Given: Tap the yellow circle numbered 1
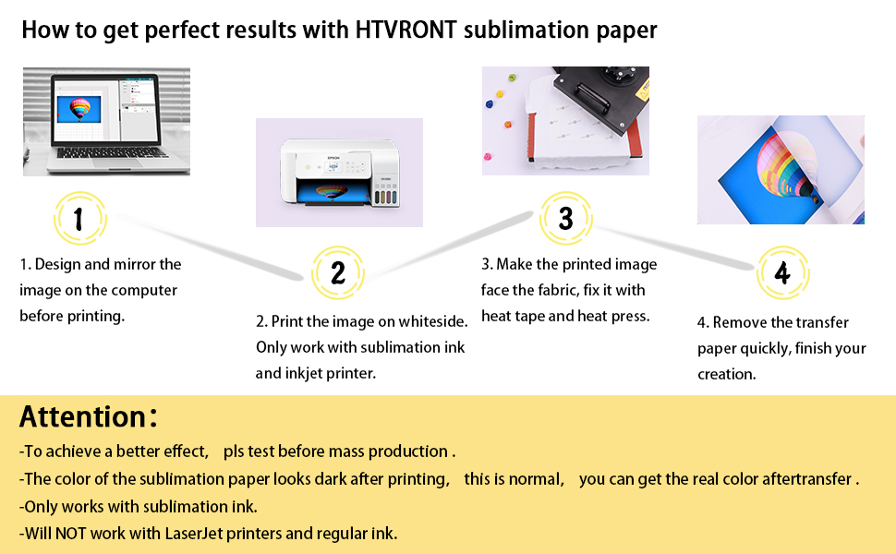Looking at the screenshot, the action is pos(79,219).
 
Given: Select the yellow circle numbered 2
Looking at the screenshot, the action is pos(338,272).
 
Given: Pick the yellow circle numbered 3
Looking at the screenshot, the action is pos(566,218).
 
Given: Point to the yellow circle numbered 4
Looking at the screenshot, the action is pos(782,274).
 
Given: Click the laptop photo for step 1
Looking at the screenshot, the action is pos(106,120).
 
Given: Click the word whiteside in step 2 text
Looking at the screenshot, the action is pos(433,321).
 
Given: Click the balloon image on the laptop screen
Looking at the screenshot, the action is pos(82,111).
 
